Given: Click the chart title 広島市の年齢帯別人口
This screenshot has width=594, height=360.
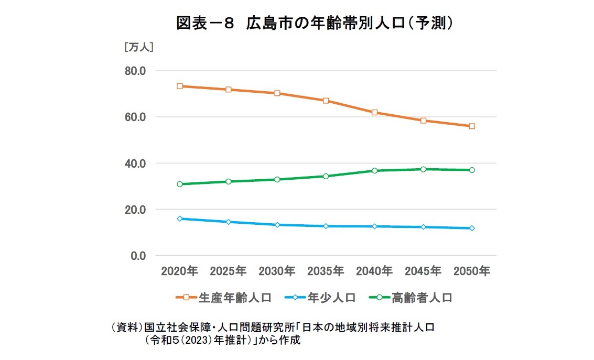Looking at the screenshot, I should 315,24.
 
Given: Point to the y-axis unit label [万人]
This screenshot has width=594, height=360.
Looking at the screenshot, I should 138,47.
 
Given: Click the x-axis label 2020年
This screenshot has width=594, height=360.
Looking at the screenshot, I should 179,271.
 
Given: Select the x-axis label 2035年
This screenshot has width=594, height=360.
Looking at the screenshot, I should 326,271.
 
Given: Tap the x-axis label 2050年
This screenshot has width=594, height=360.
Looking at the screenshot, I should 472,271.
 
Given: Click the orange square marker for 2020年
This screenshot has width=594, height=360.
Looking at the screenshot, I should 180,86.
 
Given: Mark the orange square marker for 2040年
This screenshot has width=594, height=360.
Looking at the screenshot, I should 375,113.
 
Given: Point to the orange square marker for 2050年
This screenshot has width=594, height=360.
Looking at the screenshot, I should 472,126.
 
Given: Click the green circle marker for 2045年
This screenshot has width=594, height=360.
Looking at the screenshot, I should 424,169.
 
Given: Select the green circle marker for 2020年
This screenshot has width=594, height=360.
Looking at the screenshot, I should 180,184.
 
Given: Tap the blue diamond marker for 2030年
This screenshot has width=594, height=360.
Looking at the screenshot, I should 277,225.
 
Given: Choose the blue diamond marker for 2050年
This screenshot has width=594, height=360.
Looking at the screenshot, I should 472,228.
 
